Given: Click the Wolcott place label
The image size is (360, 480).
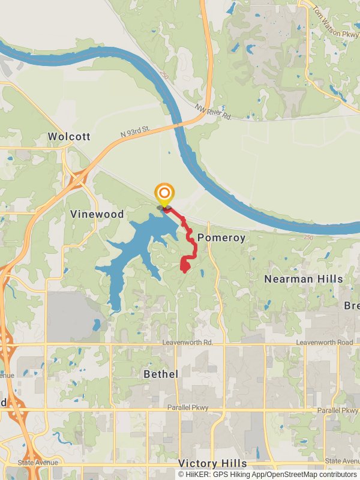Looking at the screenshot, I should [x=69, y=137].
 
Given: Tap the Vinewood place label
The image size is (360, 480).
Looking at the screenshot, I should [x=97, y=214].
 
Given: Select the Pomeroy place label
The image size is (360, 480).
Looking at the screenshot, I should [x=221, y=238].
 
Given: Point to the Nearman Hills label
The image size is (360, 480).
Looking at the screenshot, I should [x=304, y=279].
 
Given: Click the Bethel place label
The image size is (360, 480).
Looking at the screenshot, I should [x=161, y=374].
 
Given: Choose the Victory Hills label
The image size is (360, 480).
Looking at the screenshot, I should [x=212, y=464].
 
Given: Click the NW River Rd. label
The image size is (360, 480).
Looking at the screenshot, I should [x=213, y=112].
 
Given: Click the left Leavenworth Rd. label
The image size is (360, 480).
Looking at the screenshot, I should [x=188, y=343].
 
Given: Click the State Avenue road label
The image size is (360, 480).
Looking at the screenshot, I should [x=38, y=463].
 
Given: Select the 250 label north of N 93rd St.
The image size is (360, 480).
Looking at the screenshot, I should [x=164, y=76].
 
